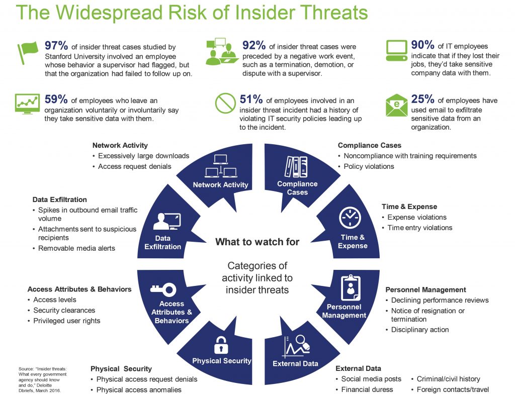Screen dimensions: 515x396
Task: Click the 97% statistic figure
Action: pyautogui.click(x=56, y=46)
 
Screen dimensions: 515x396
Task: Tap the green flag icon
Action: pyautogui.click(x=28, y=52)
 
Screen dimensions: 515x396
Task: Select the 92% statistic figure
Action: pyautogui.click(x=254, y=45)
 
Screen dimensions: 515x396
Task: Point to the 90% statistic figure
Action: pyautogui.click(x=422, y=45)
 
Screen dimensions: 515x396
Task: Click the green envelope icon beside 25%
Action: pyautogui.click(x=396, y=106)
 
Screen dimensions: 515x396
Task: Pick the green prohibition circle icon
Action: pyautogui.click(x=225, y=103)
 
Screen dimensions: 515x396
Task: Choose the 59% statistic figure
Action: pyautogui.click(x=56, y=99)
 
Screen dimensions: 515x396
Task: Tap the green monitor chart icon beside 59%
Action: pyautogui.click(x=27, y=104)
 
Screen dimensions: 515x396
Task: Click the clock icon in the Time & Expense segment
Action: pyautogui.click(x=350, y=218)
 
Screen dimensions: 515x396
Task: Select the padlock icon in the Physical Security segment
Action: pyautogui.click(x=221, y=345)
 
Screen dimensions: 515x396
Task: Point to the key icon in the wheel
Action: pyautogui.click(x=163, y=289)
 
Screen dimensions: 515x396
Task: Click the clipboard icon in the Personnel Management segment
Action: pyautogui.click(x=351, y=288)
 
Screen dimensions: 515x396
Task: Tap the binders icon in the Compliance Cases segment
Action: pyautogui.click(x=296, y=167)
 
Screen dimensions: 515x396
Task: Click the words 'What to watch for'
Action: pyautogui.click(x=257, y=242)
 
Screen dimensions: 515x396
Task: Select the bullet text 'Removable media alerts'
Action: pyautogui.click(x=76, y=248)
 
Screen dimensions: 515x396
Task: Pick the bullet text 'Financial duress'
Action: pyautogui.click(x=367, y=389)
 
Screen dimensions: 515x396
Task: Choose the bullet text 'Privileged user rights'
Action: pyautogui.click(x=67, y=321)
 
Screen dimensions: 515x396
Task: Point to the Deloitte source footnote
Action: pyautogui.click(x=42, y=379)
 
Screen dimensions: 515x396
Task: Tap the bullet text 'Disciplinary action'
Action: pyautogui.click(x=420, y=330)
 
